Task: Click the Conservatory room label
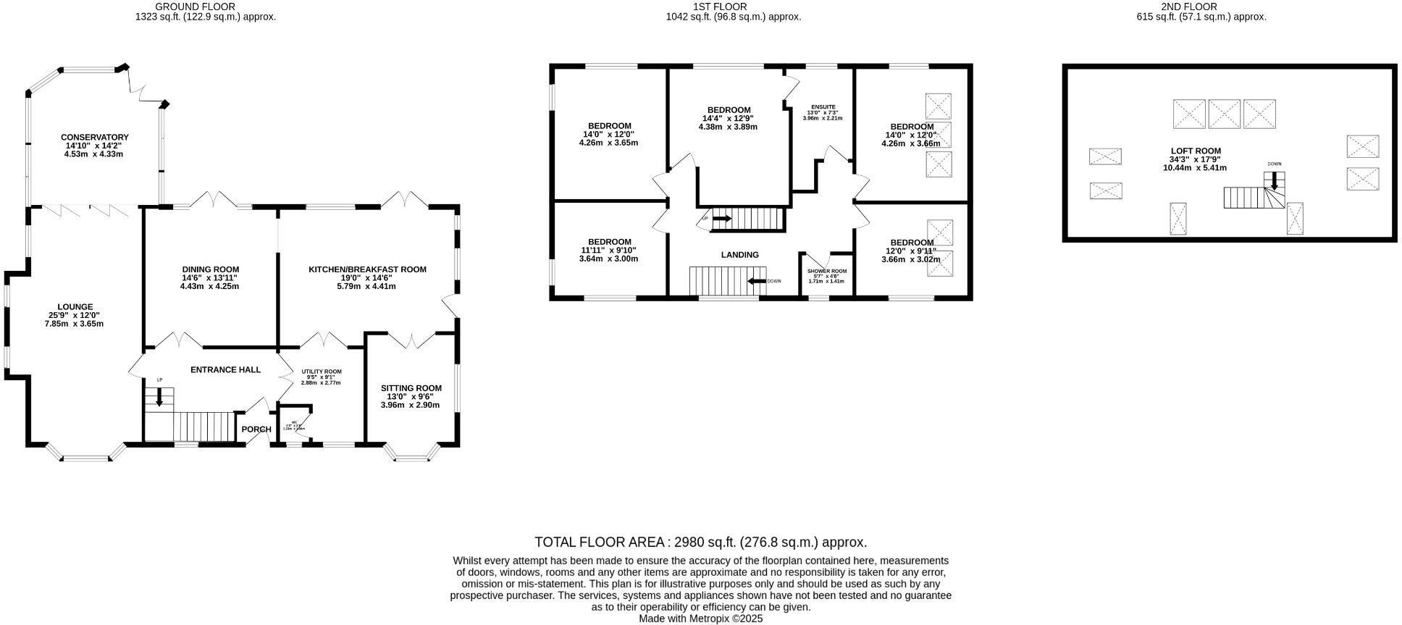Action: tap(94, 137)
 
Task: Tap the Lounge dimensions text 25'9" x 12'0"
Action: tap(74, 315)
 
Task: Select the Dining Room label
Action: tap(210, 269)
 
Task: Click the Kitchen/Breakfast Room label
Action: tap(367, 269)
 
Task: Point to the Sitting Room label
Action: tap(411, 388)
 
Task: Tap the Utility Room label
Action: tap(321, 372)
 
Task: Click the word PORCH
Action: tap(256, 429)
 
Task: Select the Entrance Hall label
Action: tap(225, 369)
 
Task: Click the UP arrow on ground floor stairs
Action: tap(159, 397)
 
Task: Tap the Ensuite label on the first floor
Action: tap(823, 106)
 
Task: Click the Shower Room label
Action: tap(826, 271)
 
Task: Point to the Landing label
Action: tap(739, 255)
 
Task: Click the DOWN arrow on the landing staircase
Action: tap(757, 281)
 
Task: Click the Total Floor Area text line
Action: tap(700, 542)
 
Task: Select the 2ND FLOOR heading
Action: tap(1201, 7)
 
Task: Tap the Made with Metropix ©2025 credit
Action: tap(700, 618)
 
